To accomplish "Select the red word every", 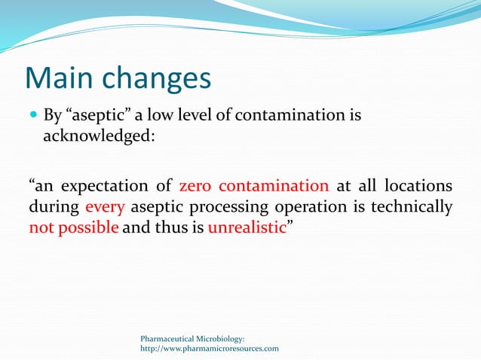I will click(x=106, y=206).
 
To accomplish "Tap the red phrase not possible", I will click(x=74, y=227).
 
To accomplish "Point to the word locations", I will click(x=418, y=185).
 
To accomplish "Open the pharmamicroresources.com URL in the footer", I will click(x=210, y=349).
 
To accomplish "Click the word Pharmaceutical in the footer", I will click(x=170, y=339).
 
